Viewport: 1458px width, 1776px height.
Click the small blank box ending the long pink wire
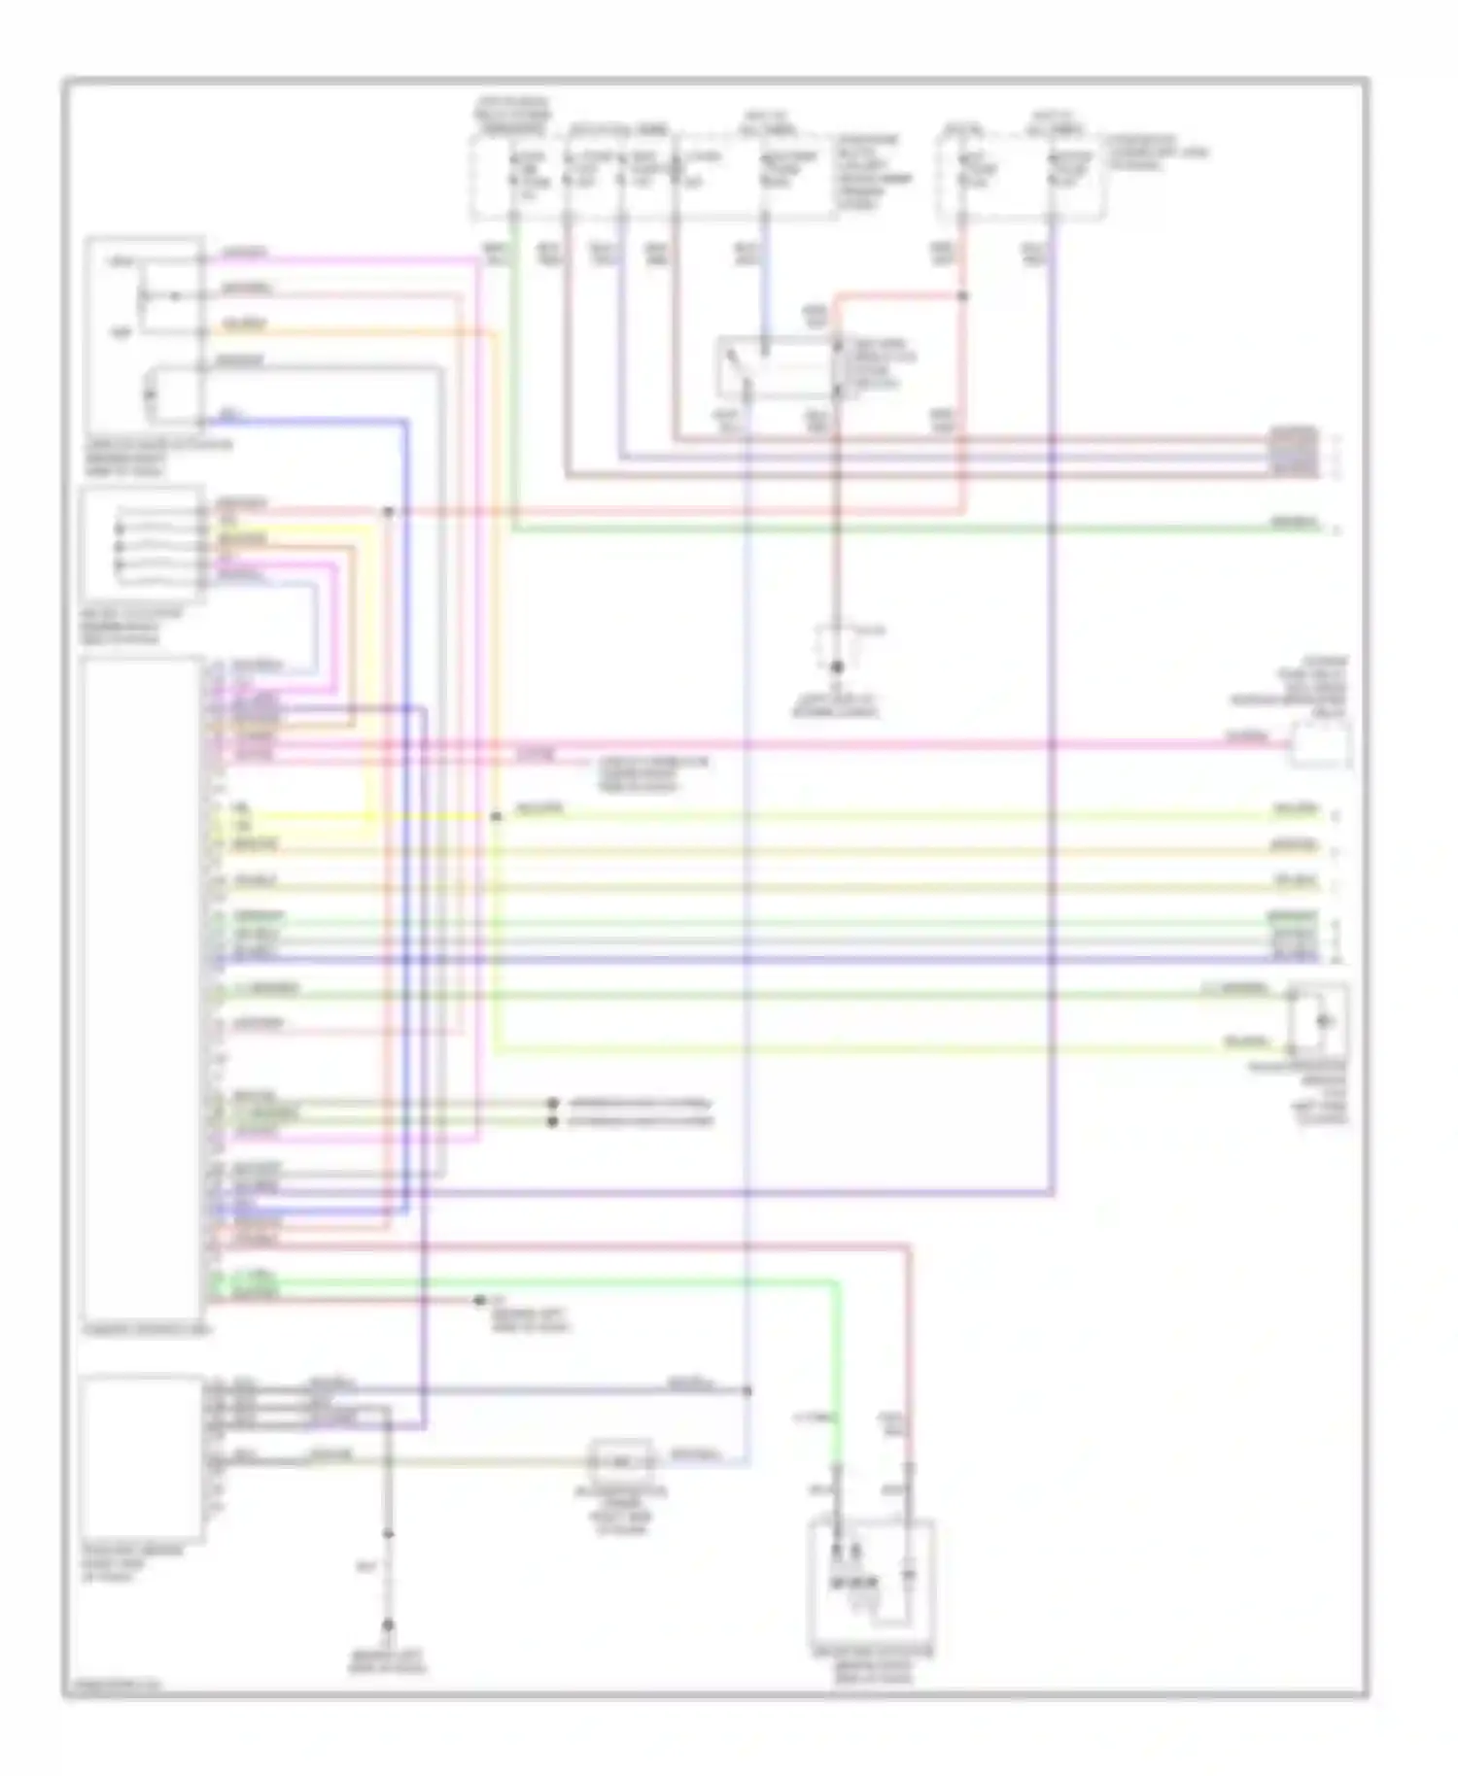point(1320,746)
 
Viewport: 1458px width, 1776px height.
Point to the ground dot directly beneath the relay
point(836,667)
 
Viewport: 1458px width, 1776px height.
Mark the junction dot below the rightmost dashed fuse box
point(963,295)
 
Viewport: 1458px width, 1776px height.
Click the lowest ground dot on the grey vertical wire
point(388,1624)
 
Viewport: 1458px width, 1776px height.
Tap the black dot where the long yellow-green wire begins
point(496,817)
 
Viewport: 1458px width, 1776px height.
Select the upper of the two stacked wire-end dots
point(553,1104)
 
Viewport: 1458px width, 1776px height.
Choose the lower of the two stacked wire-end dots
point(553,1121)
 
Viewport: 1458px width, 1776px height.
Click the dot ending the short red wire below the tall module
point(479,1300)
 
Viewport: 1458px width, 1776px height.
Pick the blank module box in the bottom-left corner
point(144,1457)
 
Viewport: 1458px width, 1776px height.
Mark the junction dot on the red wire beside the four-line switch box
point(388,511)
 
